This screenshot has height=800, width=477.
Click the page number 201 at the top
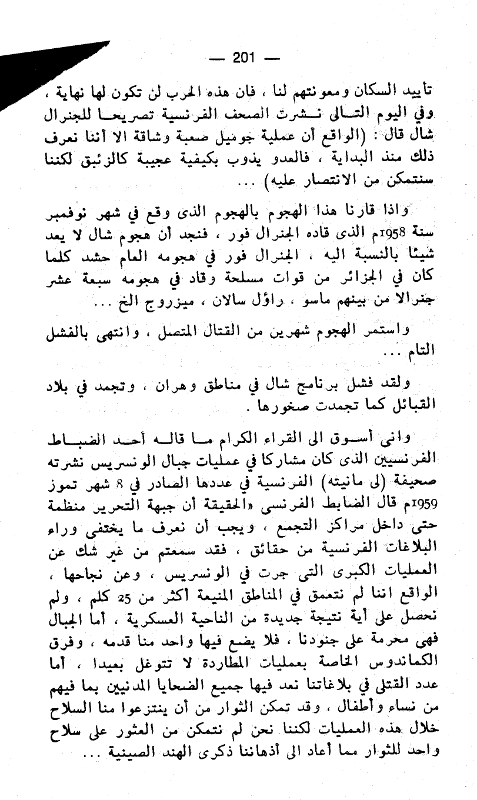[242, 58]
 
